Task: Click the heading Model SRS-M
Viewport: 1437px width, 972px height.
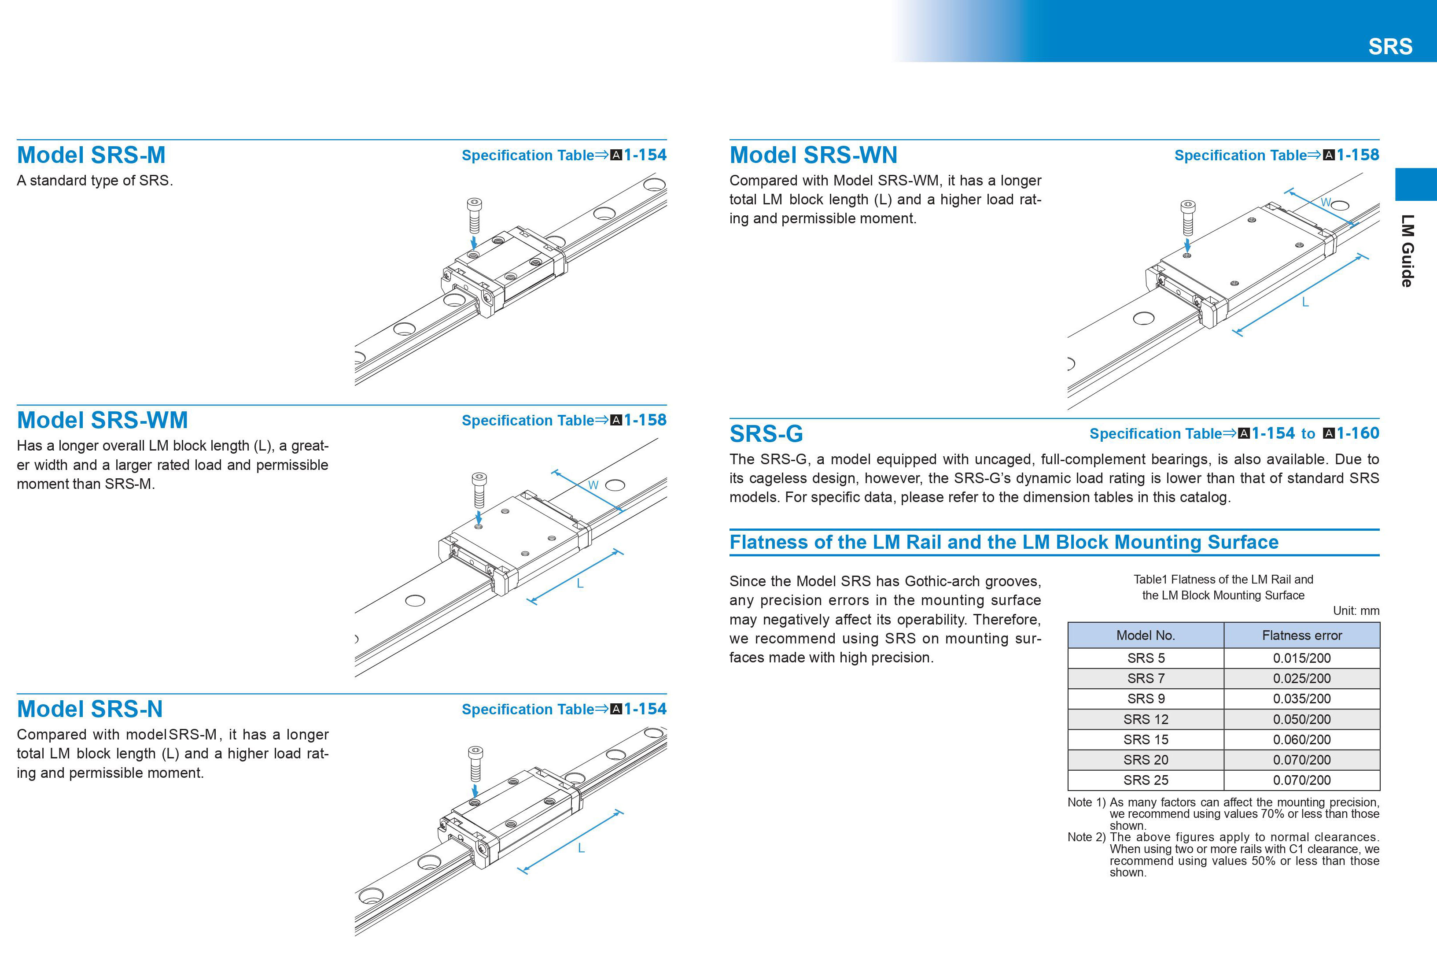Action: click(92, 155)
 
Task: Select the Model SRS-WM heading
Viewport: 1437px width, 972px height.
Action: click(103, 420)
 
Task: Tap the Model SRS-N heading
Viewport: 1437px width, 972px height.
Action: click(90, 709)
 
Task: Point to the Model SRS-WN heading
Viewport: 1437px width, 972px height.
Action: click(813, 155)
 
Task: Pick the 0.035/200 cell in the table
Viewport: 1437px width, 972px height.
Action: click(1301, 699)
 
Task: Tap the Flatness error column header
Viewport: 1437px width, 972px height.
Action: click(1301, 636)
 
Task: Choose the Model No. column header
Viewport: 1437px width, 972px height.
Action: click(1145, 636)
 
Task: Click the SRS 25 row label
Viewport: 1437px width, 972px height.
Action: click(1145, 780)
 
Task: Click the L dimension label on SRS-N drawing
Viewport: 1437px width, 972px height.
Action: click(581, 848)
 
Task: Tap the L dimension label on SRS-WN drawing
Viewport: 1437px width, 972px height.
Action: click(1305, 303)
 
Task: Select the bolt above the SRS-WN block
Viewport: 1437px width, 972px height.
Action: click(1187, 217)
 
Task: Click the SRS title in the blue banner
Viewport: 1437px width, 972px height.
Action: click(1390, 46)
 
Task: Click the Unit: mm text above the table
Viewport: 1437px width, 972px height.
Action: click(1356, 611)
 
